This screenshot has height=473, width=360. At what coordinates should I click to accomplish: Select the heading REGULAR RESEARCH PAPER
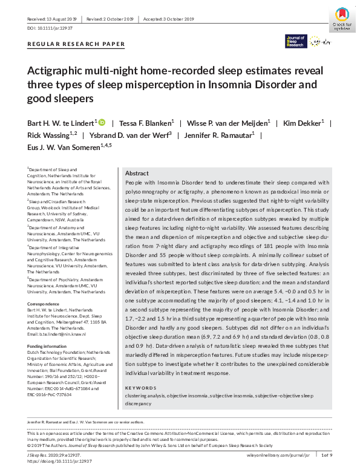click(76, 44)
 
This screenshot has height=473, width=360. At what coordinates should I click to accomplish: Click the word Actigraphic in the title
click(54, 71)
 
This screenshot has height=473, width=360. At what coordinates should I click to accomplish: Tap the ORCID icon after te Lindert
click(102, 122)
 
